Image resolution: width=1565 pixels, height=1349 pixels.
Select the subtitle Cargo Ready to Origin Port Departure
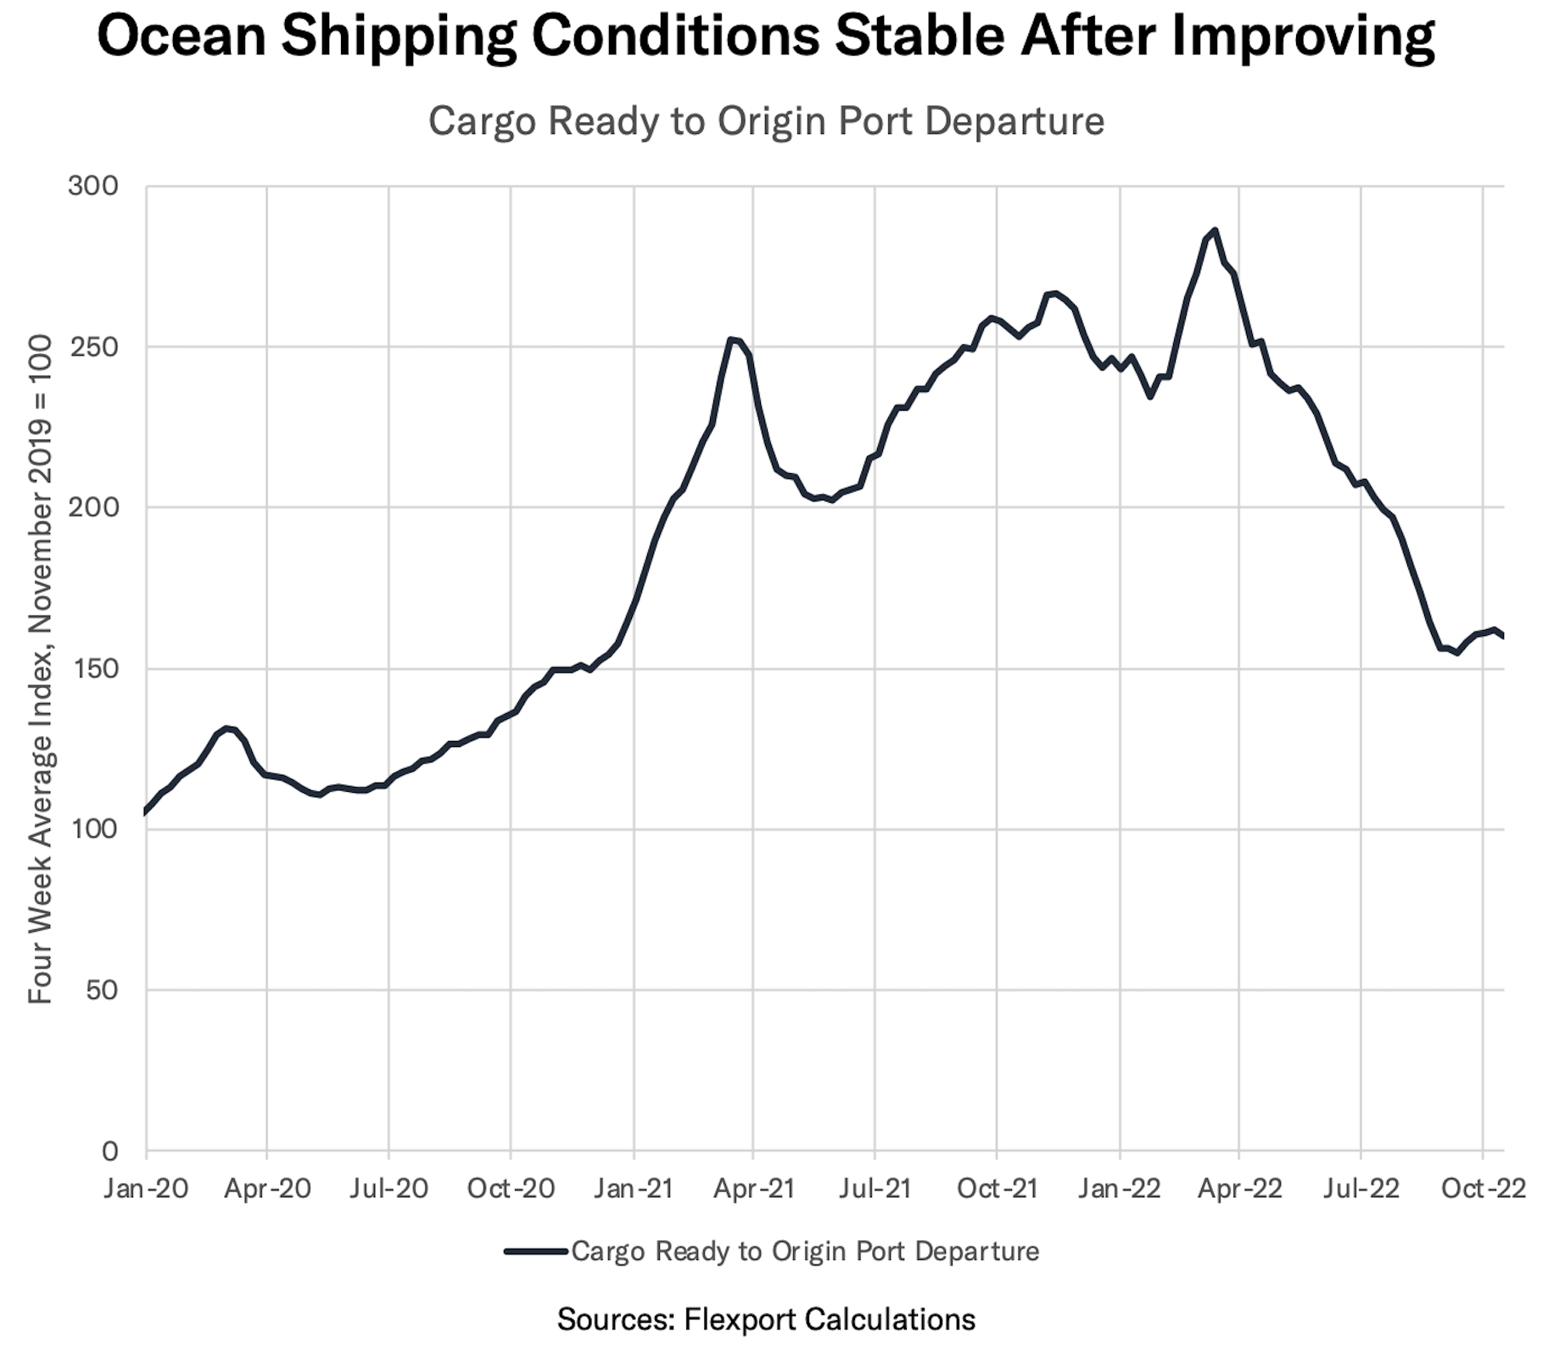[x=766, y=121]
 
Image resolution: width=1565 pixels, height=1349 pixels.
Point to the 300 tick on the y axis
[x=93, y=186]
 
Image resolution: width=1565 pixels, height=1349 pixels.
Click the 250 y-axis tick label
[x=93, y=347]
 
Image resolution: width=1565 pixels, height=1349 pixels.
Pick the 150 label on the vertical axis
[x=93, y=668]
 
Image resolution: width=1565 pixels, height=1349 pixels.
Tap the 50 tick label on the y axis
[x=101, y=989]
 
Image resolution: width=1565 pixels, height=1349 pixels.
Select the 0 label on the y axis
[x=109, y=1151]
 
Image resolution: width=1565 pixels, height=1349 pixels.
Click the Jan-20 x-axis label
[x=146, y=1188]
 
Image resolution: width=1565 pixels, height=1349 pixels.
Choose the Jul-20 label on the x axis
[x=389, y=1188]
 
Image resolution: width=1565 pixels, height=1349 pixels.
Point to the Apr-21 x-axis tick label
[x=753, y=1188]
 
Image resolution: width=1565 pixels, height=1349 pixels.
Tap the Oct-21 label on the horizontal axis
[x=998, y=1188]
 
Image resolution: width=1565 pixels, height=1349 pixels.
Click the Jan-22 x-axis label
[x=1120, y=1188]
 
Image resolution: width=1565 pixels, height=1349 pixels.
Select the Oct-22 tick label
[x=1484, y=1188]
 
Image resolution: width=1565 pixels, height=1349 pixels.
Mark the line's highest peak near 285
[x=1215, y=231]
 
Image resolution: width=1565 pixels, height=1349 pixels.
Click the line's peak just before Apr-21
[x=731, y=340]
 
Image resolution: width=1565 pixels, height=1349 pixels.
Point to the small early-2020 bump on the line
[x=227, y=728]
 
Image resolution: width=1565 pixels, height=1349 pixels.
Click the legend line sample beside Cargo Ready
[x=535, y=1251]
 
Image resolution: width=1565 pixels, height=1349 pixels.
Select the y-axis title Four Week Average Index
[x=41, y=670]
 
